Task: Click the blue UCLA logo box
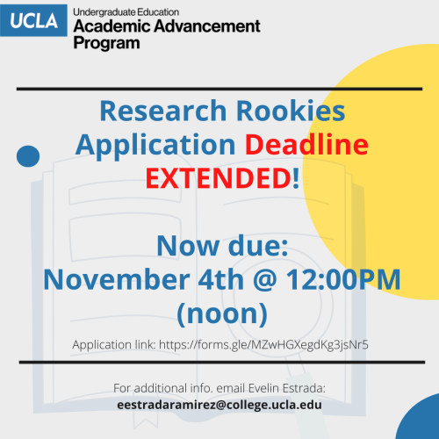[x=33, y=20]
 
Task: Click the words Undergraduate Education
[x=126, y=12]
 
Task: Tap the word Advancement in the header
[x=207, y=26]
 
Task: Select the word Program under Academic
[x=106, y=43]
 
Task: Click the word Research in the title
[x=163, y=111]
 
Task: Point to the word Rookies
[x=291, y=111]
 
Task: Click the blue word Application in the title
[x=155, y=145]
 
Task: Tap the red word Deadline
[x=306, y=144]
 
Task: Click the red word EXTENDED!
[x=222, y=178]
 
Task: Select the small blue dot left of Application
[x=28, y=156]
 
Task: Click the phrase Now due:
[x=222, y=246]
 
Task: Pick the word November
[x=117, y=279]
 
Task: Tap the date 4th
[x=221, y=279]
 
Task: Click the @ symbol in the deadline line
[x=265, y=280]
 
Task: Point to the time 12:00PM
[x=343, y=279]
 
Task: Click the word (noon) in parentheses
[x=222, y=313]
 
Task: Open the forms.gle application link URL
[x=263, y=345]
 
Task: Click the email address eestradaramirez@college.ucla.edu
[x=219, y=405]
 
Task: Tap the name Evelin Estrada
[x=286, y=388]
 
